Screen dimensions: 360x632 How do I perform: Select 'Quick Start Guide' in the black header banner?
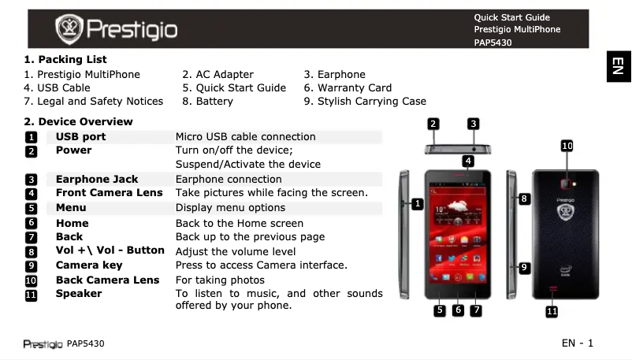click(511, 17)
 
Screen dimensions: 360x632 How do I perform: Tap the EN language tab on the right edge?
click(619, 67)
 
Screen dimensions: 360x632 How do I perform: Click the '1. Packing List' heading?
click(65, 59)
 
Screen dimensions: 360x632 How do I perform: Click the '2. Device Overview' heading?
click(79, 121)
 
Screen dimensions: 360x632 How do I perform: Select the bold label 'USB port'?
click(80, 136)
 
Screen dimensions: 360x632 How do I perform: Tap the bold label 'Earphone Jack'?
click(97, 179)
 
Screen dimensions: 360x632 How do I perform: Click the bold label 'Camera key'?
click(89, 265)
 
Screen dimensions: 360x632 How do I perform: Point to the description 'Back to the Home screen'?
click(239, 223)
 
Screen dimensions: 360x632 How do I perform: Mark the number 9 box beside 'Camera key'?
click(31, 265)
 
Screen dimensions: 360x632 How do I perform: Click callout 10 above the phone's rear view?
click(567, 146)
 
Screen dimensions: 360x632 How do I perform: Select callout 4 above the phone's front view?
click(468, 161)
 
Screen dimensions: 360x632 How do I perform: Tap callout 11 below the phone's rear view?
click(552, 313)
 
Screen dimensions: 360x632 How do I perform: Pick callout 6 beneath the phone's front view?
click(458, 310)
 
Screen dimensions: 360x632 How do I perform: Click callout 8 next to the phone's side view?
click(524, 199)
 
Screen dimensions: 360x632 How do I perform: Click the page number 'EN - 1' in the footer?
click(577, 343)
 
